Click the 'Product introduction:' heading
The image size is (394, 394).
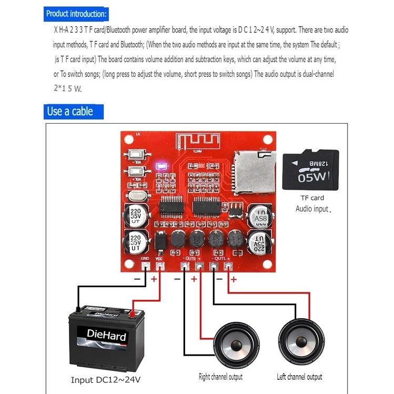coord(76,14)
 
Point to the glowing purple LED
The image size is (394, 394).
coord(161,167)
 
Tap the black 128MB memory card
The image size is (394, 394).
coord(310,170)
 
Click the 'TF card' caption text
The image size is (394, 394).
coord(312,198)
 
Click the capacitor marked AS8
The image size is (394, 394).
coord(260,217)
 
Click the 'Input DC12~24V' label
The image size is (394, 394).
coord(106,379)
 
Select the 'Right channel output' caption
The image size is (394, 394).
coord(220,377)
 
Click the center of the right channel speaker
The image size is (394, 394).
coord(235,346)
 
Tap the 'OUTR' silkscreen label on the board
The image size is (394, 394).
coord(192,258)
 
